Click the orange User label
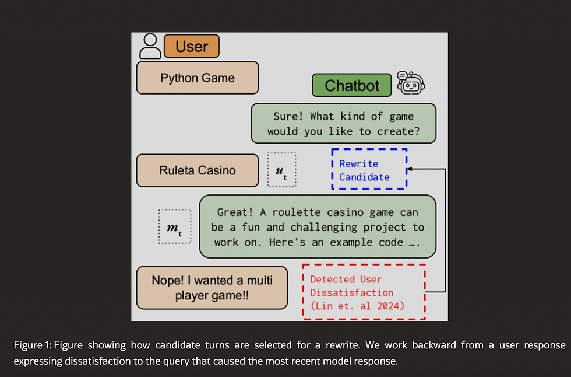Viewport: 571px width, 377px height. (x=192, y=46)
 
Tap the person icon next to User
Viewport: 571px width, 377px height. (x=151, y=46)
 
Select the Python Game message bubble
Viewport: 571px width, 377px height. (x=198, y=78)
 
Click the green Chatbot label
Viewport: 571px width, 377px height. (x=352, y=85)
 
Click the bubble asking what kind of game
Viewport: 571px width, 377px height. (x=343, y=123)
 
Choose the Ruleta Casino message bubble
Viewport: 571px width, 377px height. (x=198, y=170)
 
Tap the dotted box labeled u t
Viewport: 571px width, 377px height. (x=282, y=170)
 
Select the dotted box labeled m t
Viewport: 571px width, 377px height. (x=174, y=227)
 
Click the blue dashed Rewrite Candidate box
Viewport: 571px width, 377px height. (x=368, y=169)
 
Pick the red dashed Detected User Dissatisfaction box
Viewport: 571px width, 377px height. (x=364, y=292)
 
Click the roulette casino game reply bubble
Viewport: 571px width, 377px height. (x=318, y=226)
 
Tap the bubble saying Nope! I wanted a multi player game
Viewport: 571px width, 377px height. (x=212, y=287)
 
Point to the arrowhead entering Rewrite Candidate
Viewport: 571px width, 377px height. (x=409, y=169)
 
